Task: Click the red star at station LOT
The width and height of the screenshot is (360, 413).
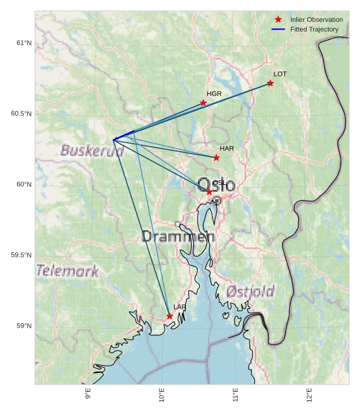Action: pyautogui.click(x=270, y=83)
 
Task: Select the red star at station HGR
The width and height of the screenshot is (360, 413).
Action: pyautogui.click(x=204, y=102)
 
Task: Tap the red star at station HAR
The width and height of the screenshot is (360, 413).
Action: pyautogui.click(x=216, y=158)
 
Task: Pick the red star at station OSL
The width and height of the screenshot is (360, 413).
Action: pyautogui.click(x=210, y=192)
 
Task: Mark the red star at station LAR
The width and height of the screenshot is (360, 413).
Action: pyautogui.click(x=170, y=316)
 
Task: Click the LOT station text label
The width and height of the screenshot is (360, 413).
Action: pyautogui.click(x=280, y=74)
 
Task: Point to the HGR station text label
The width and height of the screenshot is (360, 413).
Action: pyautogui.click(x=214, y=94)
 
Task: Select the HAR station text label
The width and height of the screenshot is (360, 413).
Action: pyautogui.click(x=227, y=149)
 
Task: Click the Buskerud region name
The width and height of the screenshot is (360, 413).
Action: pyautogui.click(x=92, y=150)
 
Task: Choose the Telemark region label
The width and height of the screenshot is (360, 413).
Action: pyautogui.click(x=67, y=271)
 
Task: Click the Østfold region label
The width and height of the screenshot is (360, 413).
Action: pyautogui.click(x=250, y=292)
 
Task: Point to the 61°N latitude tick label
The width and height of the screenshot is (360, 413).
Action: pyautogui.click(x=24, y=43)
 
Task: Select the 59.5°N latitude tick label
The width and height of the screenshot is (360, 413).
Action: pyautogui.click(x=21, y=255)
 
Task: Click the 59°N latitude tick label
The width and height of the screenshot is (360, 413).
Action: pyautogui.click(x=24, y=326)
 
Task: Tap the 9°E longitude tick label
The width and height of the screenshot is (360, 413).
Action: pyautogui.click(x=88, y=394)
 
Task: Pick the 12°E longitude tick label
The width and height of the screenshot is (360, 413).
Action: pyautogui.click(x=309, y=394)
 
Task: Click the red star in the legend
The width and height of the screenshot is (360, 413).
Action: pyautogui.click(x=278, y=20)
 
